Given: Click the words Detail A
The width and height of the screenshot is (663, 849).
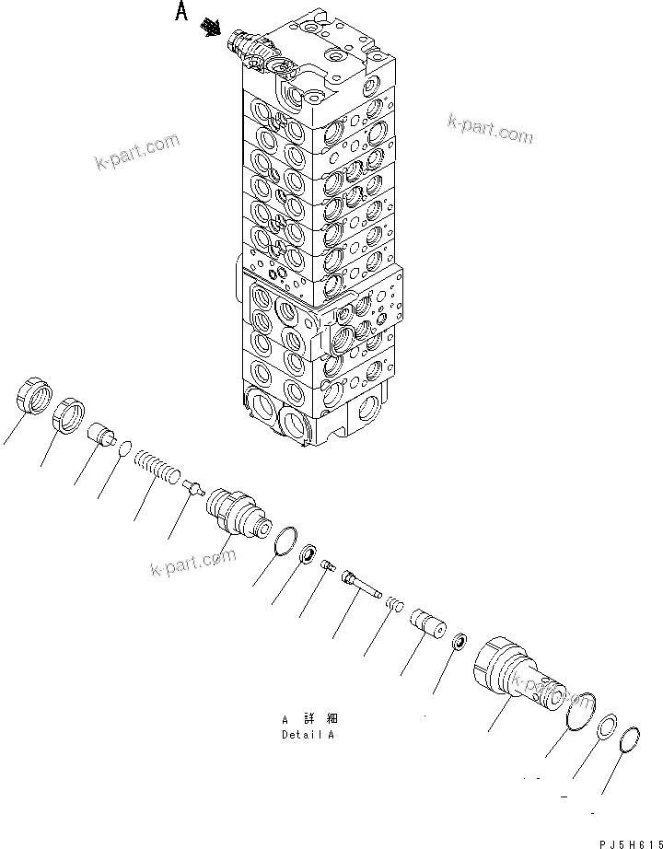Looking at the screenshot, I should pyautogui.click(x=308, y=735).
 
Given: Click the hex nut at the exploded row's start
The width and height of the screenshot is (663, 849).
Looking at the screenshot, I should pyautogui.click(x=32, y=403).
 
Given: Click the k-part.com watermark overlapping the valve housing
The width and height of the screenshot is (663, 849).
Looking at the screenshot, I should pyautogui.click(x=550, y=685).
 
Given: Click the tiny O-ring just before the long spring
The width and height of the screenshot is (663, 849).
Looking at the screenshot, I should pyautogui.click(x=125, y=447).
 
